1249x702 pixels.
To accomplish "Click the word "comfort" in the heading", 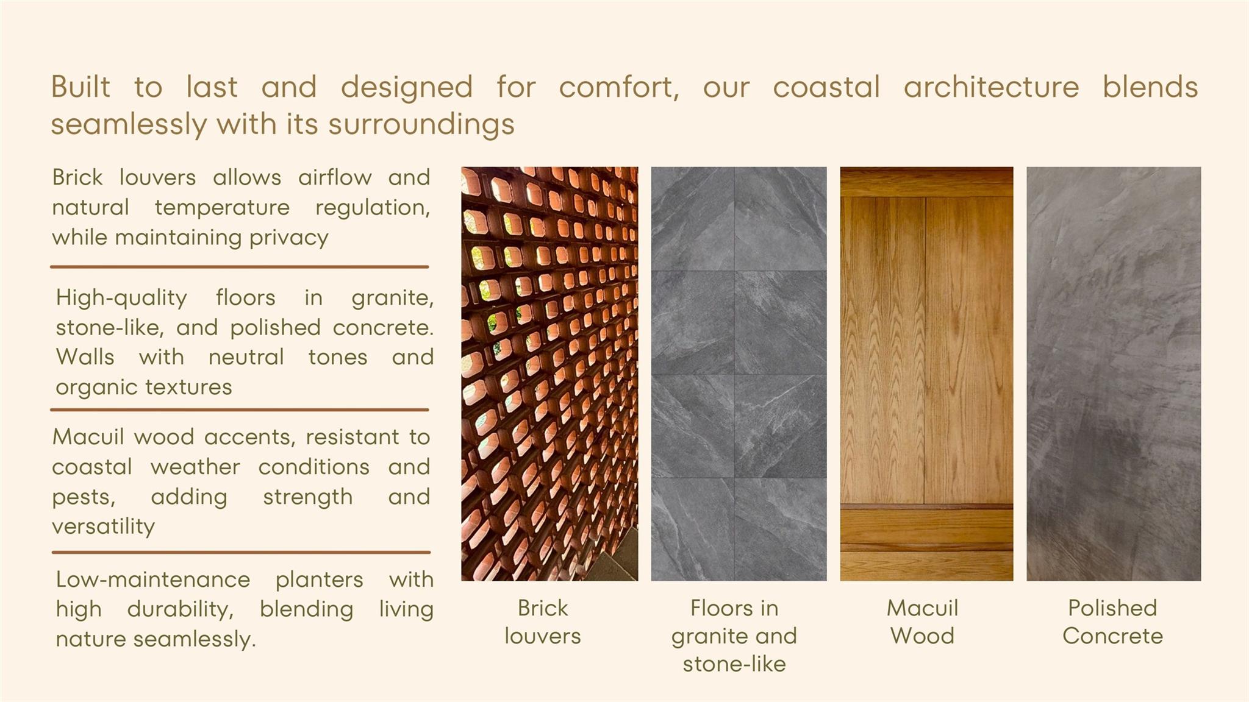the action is tap(617, 87).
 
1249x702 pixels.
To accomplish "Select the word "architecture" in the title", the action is tap(991, 87).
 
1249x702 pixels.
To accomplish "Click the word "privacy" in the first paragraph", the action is tap(288, 238).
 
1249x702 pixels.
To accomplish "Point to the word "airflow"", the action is tap(335, 177).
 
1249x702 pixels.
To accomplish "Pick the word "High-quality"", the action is tap(121, 298).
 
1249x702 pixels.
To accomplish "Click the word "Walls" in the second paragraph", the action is tap(85, 356).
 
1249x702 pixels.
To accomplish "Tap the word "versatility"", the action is tap(104, 526).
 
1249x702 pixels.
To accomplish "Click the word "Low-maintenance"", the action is tap(153, 579).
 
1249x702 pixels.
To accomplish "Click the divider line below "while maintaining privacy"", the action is tap(240, 267).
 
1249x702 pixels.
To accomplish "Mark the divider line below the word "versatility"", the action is tap(242, 553).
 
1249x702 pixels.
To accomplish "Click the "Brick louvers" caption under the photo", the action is tap(542, 622).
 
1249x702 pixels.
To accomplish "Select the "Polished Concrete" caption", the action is tap(1113, 622).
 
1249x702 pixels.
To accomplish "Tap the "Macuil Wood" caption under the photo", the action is tap(923, 622).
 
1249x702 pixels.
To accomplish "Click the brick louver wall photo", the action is tap(549, 374).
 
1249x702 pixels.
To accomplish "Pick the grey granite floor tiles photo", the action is tap(739, 374).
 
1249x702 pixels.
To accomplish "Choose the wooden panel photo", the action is tap(927, 374).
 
